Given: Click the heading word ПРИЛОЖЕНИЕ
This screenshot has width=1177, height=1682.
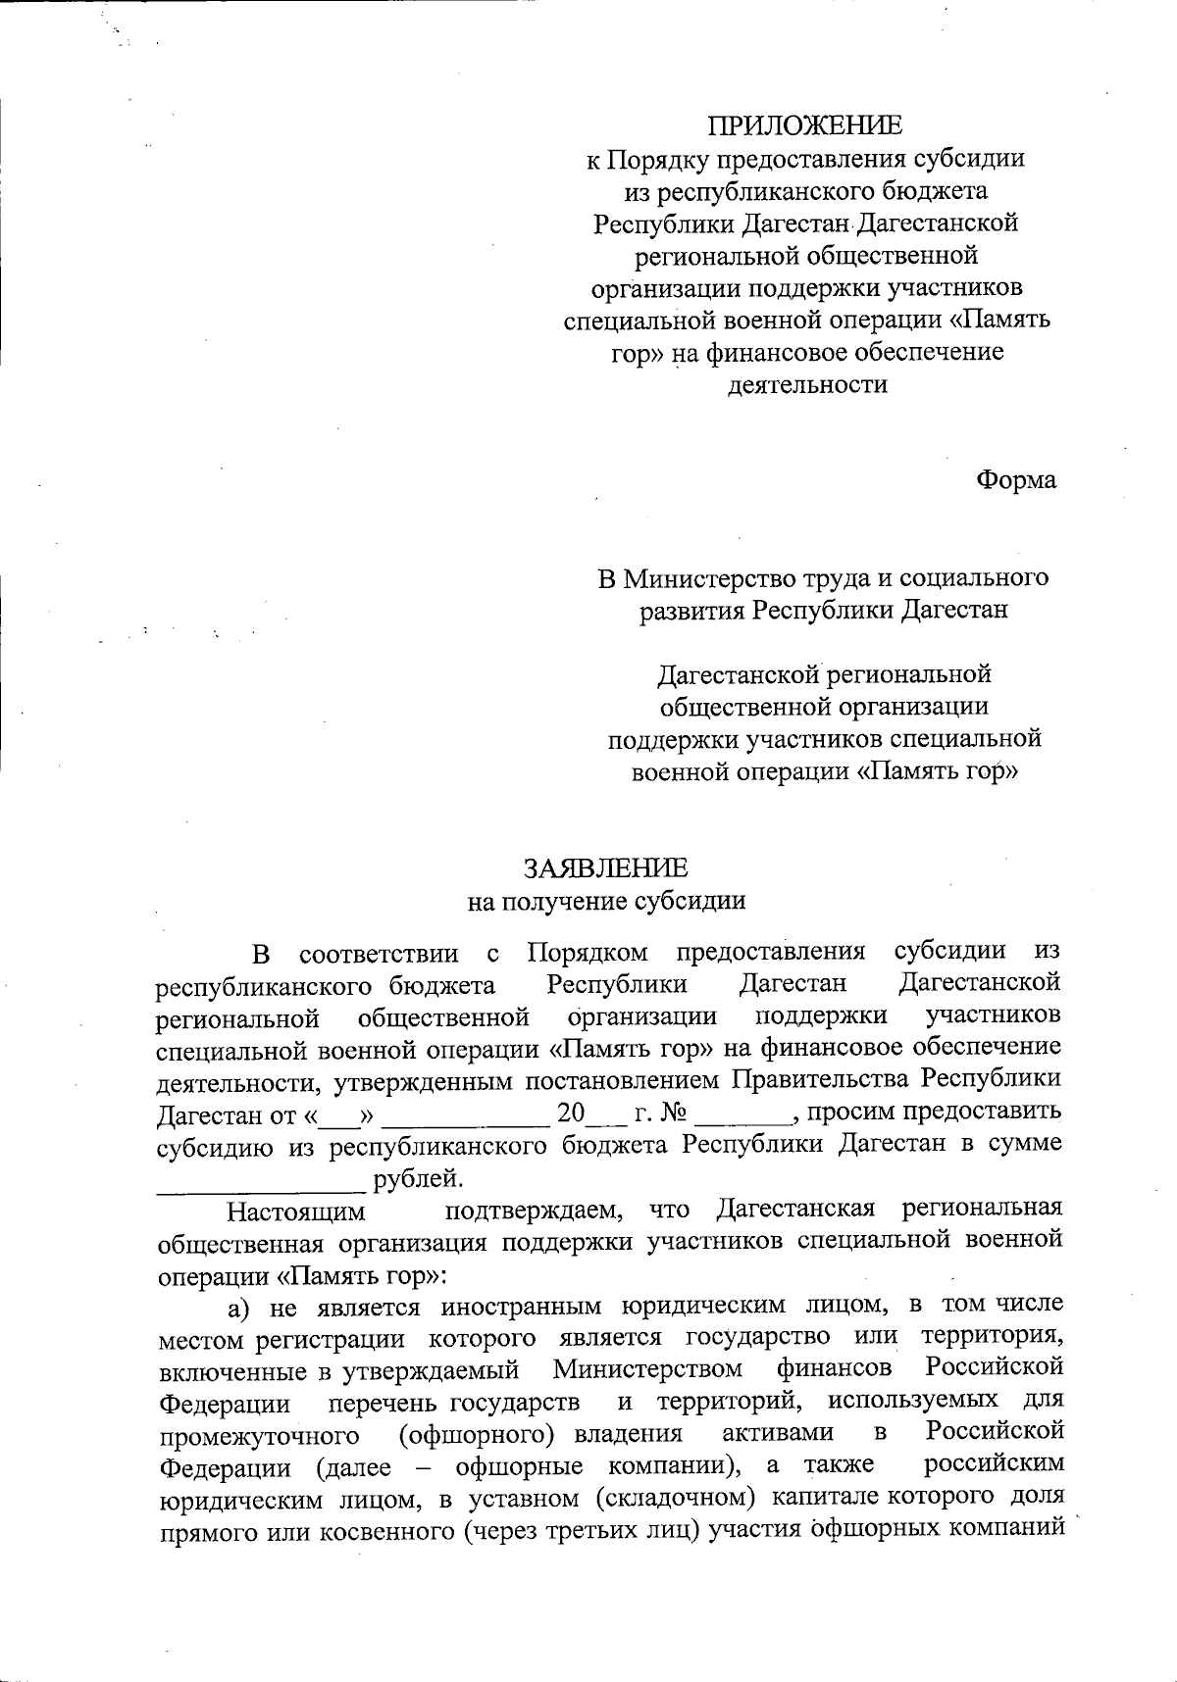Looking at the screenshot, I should click(x=805, y=125).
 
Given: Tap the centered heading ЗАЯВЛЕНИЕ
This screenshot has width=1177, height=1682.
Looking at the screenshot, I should click(x=606, y=868).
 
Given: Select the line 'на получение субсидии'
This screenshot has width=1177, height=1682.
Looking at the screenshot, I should click(x=606, y=901).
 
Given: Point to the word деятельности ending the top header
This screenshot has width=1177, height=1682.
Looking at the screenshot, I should click(x=808, y=384).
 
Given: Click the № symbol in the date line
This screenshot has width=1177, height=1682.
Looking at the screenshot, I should click(x=673, y=1113).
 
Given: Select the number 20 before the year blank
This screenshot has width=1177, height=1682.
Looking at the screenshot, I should click(x=570, y=1113).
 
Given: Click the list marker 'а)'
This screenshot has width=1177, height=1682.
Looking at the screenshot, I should click(x=243, y=1307).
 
